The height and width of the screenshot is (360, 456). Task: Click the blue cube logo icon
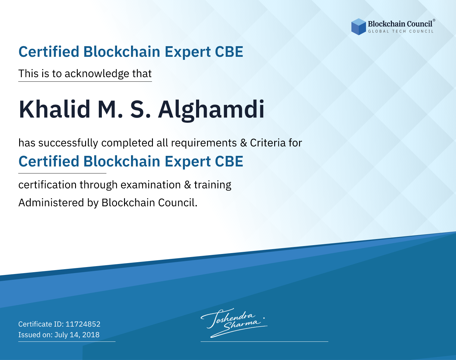pyautogui.click(x=358, y=27)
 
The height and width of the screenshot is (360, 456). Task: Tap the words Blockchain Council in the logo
pyautogui.click(x=400, y=24)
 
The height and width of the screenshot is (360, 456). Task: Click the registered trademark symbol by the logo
pyautogui.click(x=434, y=20)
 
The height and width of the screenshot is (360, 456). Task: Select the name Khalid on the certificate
pyautogui.click(x=54, y=109)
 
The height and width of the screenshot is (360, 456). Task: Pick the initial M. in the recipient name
pyautogui.click(x=110, y=109)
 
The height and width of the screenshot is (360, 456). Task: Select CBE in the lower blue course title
pyautogui.click(x=229, y=162)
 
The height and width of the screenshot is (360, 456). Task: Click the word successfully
pyautogui.click(x=68, y=143)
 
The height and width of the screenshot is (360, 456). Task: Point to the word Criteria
pyautogui.click(x=268, y=143)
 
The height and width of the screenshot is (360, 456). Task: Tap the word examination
pyautogui.click(x=151, y=185)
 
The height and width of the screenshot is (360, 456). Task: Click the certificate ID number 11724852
pyautogui.click(x=83, y=324)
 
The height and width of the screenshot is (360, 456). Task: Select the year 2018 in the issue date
pyautogui.click(x=91, y=334)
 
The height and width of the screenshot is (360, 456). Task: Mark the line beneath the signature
pyautogui.click(x=264, y=341)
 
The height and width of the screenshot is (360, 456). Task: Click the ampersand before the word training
pyautogui.click(x=188, y=185)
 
